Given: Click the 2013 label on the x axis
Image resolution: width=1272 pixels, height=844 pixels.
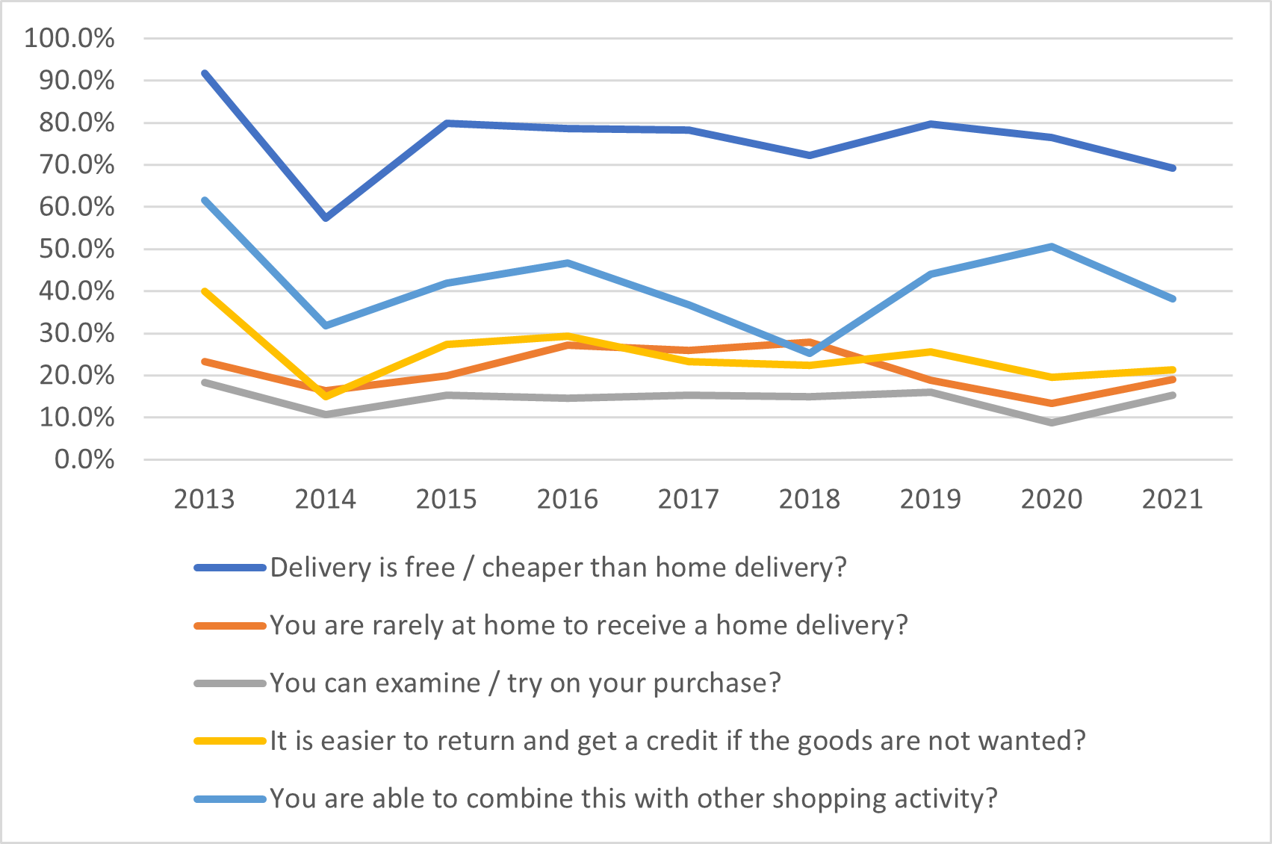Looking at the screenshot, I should pos(204,499).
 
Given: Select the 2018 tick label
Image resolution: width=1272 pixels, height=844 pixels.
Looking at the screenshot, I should pos(809,499).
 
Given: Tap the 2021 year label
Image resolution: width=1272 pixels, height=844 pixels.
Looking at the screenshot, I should pos(1172,499).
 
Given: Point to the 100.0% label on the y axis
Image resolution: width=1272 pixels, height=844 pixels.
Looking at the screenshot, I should pos(69,38).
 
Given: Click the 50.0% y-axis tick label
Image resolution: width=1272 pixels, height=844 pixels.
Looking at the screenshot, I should pos(77,249).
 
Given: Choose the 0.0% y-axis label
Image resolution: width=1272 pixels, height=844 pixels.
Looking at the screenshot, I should pos(84,459).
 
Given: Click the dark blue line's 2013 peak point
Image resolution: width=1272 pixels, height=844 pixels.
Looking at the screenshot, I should pos(204,73).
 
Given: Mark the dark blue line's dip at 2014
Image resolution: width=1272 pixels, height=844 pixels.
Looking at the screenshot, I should pos(326,217).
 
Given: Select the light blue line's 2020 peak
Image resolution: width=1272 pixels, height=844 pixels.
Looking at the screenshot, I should pos(1051,246).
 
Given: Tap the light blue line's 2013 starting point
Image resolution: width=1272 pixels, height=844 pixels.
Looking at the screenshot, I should pos(204,200).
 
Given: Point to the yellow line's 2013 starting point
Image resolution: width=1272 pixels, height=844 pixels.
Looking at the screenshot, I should pos(204,291).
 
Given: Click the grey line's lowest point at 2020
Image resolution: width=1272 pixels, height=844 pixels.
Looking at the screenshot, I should pos(1052,423).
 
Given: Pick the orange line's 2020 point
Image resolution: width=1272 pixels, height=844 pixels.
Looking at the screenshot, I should pos(1052,403).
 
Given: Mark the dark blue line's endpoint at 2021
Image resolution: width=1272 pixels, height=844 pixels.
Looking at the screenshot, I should pos(1173,168).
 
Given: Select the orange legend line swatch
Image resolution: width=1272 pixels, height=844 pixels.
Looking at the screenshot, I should pos(230,626).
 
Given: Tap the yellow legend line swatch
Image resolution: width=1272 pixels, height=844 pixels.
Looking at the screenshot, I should pos(230,741).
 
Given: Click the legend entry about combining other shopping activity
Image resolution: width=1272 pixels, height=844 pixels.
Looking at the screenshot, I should pos(633,798).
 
